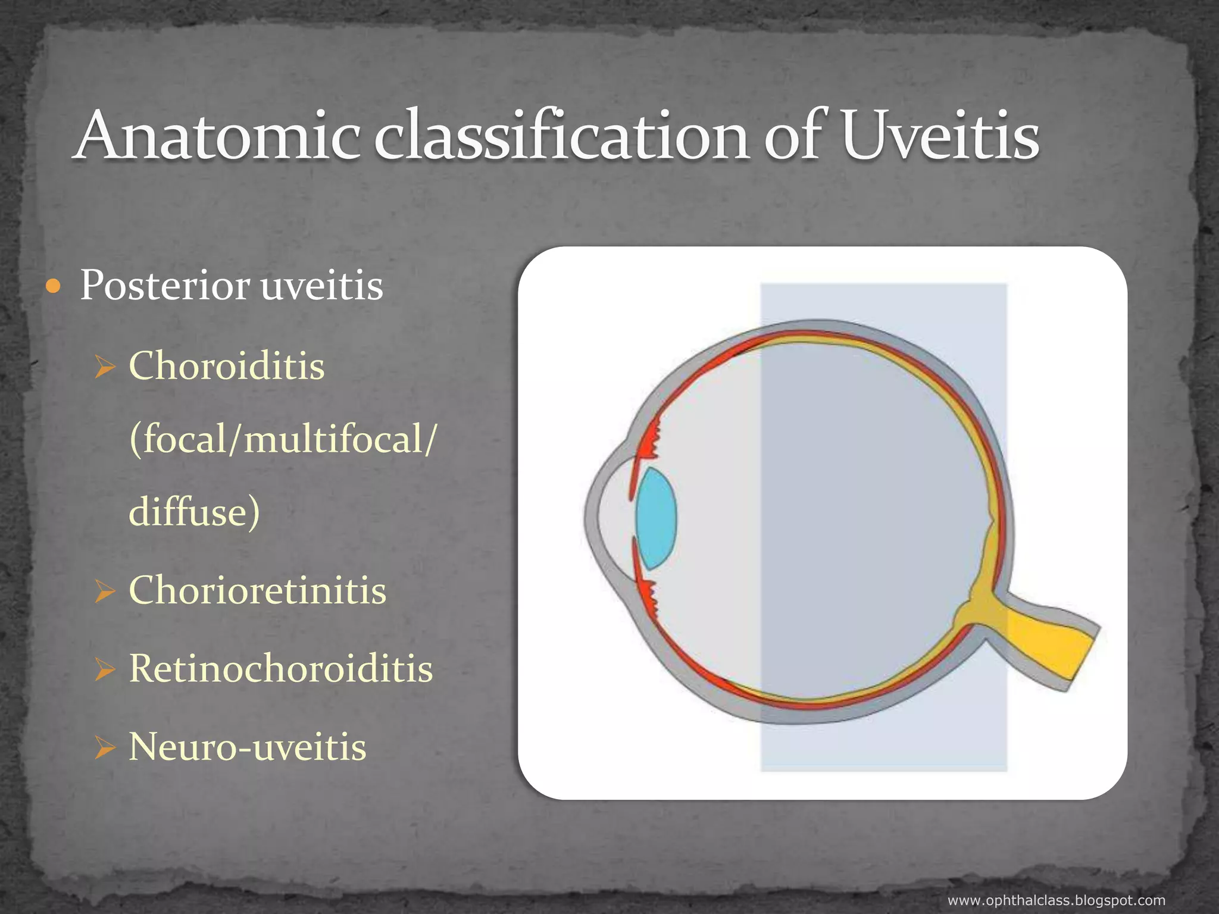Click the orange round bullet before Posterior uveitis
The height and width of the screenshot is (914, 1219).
point(54,287)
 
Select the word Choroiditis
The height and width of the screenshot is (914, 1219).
point(227,365)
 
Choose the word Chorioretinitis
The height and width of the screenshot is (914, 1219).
point(258,590)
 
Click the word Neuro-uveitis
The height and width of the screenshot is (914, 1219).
point(248,747)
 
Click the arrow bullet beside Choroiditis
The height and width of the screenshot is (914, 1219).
point(104,367)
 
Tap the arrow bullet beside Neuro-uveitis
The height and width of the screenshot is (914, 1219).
point(104,748)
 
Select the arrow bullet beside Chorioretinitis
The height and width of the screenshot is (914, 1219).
point(104,591)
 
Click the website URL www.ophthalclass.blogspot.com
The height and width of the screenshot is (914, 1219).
point(1056,900)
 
